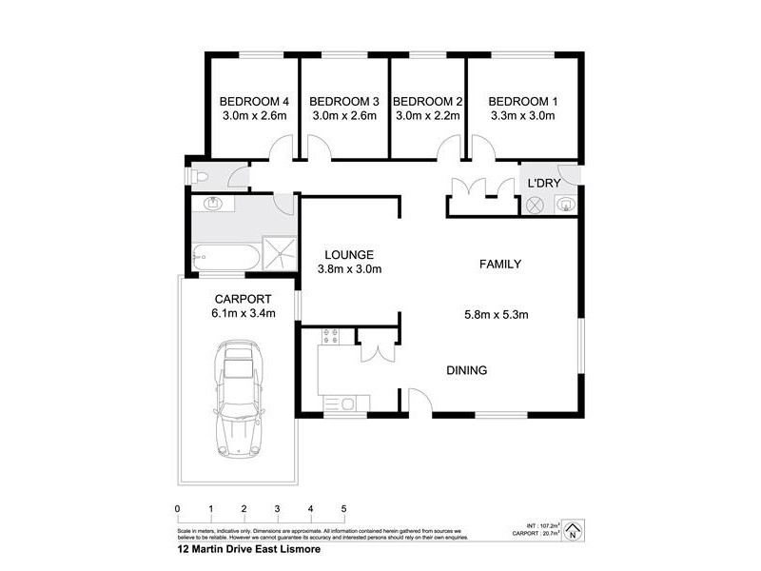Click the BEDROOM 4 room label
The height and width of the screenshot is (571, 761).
254,101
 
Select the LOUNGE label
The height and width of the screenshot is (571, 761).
348,254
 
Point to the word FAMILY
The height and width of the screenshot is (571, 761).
499,264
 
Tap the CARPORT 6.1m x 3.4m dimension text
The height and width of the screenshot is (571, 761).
244,314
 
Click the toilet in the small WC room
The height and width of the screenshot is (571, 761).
200,176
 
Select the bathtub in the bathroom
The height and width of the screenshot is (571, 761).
223,255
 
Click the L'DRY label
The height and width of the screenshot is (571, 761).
543,182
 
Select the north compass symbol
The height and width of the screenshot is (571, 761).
573,530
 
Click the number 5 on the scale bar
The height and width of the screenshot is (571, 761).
343,507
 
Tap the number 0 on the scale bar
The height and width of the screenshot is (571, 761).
178,507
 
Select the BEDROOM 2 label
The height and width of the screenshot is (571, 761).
427,101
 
